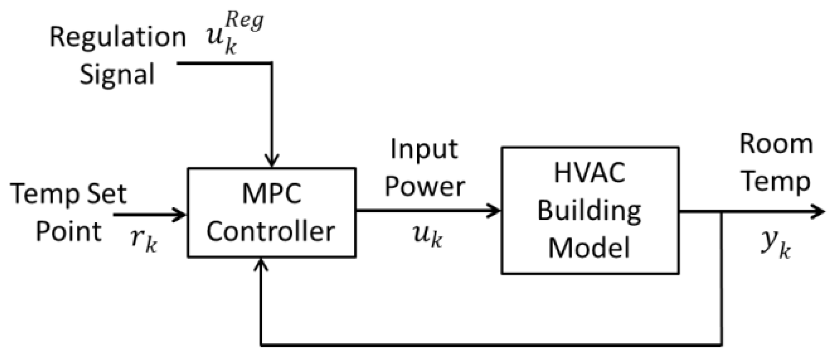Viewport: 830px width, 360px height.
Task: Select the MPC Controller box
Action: [x=271, y=213]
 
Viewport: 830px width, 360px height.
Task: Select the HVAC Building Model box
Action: [x=590, y=211]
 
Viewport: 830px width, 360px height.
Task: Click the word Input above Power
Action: [x=424, y=149]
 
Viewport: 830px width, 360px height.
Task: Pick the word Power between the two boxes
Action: [x=425, y=187]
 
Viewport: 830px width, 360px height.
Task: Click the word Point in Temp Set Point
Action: [x=69, y=232]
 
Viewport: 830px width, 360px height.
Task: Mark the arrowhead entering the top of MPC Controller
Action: [x=272, y=161]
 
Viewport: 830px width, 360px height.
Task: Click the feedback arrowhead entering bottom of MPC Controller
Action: [x=261, y=265]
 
